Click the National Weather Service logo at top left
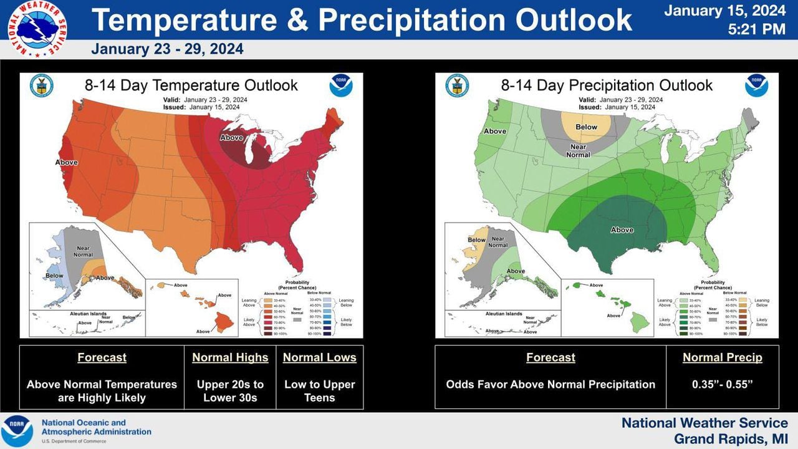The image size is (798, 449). coord(37,29)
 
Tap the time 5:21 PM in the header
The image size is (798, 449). coord(757,29)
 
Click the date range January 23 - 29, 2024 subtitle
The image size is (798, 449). coord(167,49)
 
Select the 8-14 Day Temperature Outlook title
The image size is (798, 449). coord(191,85)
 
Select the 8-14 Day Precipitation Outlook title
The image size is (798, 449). coord(607,85)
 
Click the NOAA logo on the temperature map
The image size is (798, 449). coord(341,85)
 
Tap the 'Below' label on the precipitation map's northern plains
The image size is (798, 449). coord(586,127)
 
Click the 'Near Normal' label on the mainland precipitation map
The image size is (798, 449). coord(578,151)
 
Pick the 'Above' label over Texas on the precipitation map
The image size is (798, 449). coord(622,230)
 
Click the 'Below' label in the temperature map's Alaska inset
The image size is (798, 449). coord(54,276)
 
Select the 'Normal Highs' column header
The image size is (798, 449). coord(230,357)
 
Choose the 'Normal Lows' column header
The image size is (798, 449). coord(319,357)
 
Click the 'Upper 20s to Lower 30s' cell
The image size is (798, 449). coord(230,391)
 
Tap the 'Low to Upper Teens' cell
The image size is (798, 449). coord(319,391)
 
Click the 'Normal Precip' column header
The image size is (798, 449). coord(722,357)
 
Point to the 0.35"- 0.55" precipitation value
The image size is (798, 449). coord(722,384)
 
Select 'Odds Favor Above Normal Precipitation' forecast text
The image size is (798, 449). coord(550,384)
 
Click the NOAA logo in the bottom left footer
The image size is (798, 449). coord(17,431)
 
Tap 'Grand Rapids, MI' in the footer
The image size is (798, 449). coord(731,439)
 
